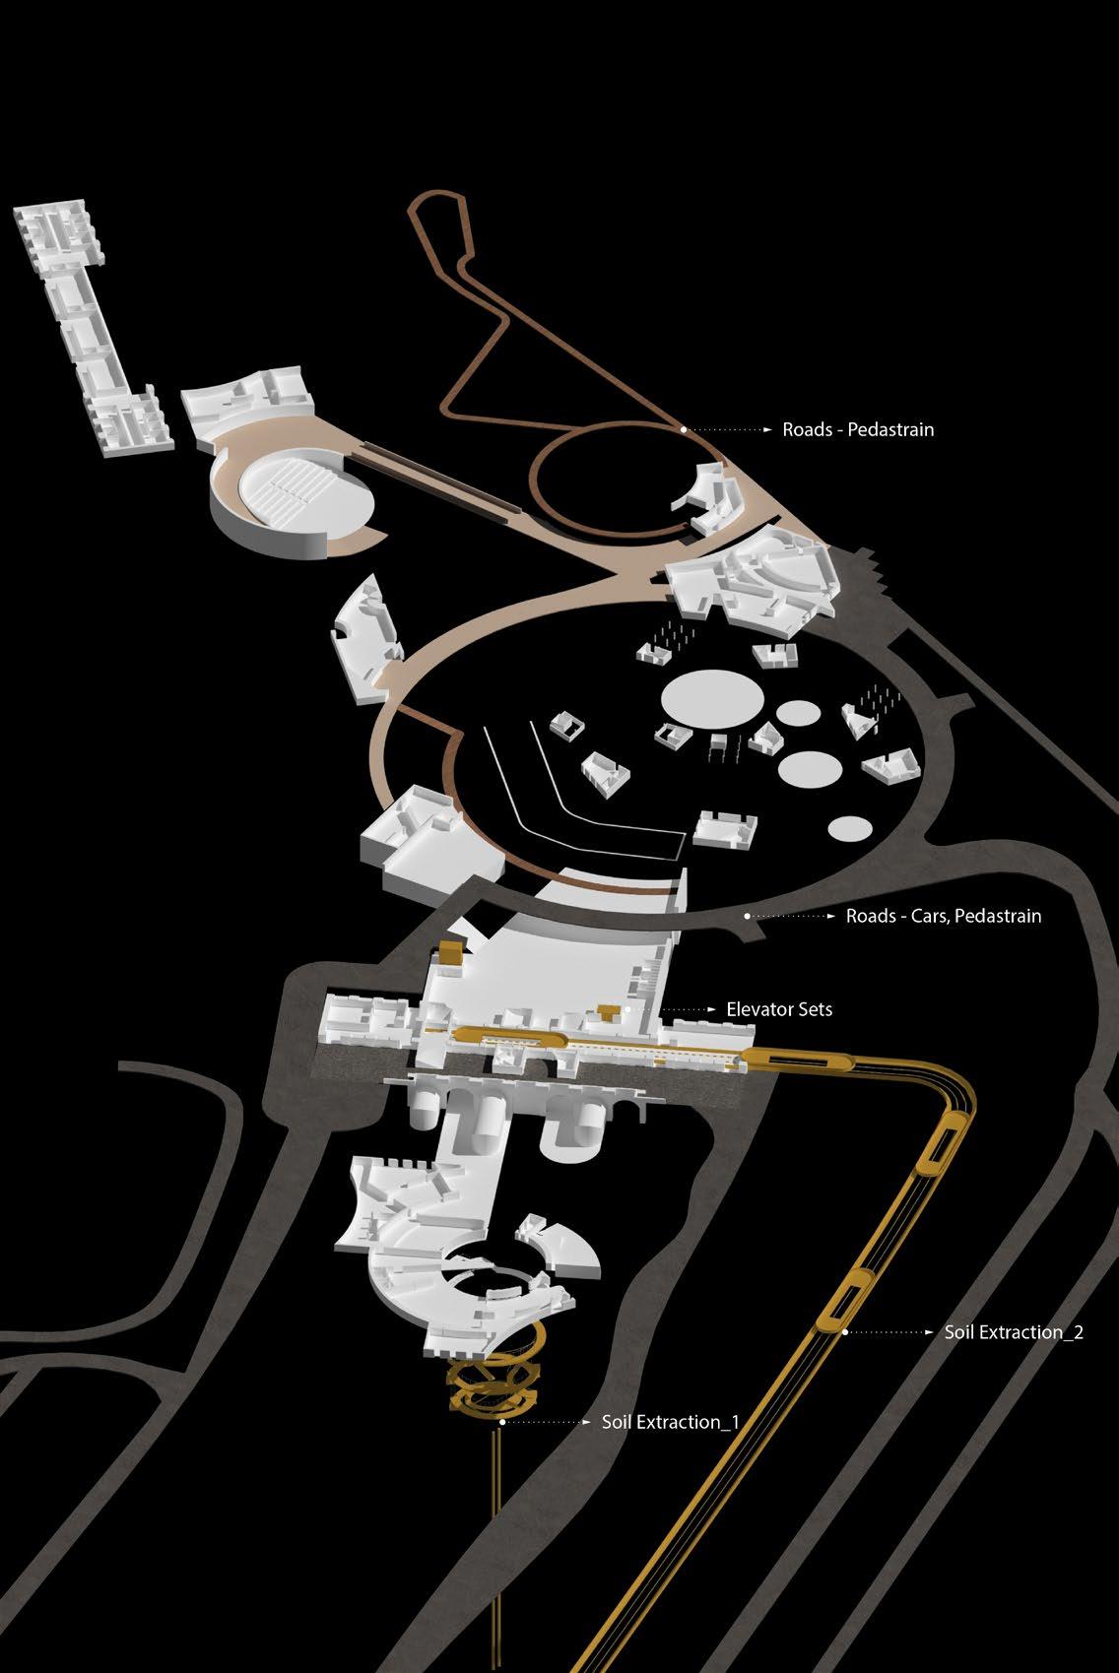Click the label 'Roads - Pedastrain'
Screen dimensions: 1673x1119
pyautogui.click(x=858, y=430)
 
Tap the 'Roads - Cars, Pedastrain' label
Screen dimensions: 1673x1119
pyautogui.click(x=943, y=916)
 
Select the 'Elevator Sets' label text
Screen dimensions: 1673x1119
pyautogui.click(x=778, y=1009)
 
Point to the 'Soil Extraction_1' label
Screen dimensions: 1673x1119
pyautogui.click(x=670, y=1422)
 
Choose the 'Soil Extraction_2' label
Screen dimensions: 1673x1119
pyautogui.click(x=1014, y=1332)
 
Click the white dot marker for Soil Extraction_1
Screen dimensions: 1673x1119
pyautogui.click(x=502, y=1422)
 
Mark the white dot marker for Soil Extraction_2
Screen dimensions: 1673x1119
pyautogui.click(x=846, y=1332)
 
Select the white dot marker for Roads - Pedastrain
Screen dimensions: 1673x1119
pyautogui.click(x=684, y=430)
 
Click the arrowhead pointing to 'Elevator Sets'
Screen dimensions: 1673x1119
pyautogui.click(x=711, y=1009)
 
